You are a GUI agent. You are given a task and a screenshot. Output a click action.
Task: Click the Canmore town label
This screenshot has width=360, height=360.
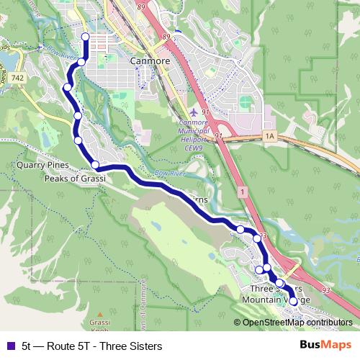(x=150, y=61)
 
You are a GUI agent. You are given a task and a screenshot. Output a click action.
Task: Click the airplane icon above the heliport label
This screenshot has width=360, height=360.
(x=195, y=112)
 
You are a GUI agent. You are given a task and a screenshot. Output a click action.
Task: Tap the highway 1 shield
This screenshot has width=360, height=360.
(x=243, y=191)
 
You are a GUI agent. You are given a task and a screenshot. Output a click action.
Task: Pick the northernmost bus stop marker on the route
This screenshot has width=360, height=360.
(x=86, y=37)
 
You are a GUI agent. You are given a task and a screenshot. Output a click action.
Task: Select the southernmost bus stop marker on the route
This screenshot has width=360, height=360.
(x=293, y=312)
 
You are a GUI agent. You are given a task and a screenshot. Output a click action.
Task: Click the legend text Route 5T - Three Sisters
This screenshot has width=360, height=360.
(x=91, y=346)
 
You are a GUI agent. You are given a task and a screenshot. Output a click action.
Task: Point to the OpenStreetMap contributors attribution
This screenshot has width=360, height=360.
(x=297, y=323)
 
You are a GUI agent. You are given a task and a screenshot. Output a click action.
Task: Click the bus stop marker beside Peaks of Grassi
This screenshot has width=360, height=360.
(x=95, y=165)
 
